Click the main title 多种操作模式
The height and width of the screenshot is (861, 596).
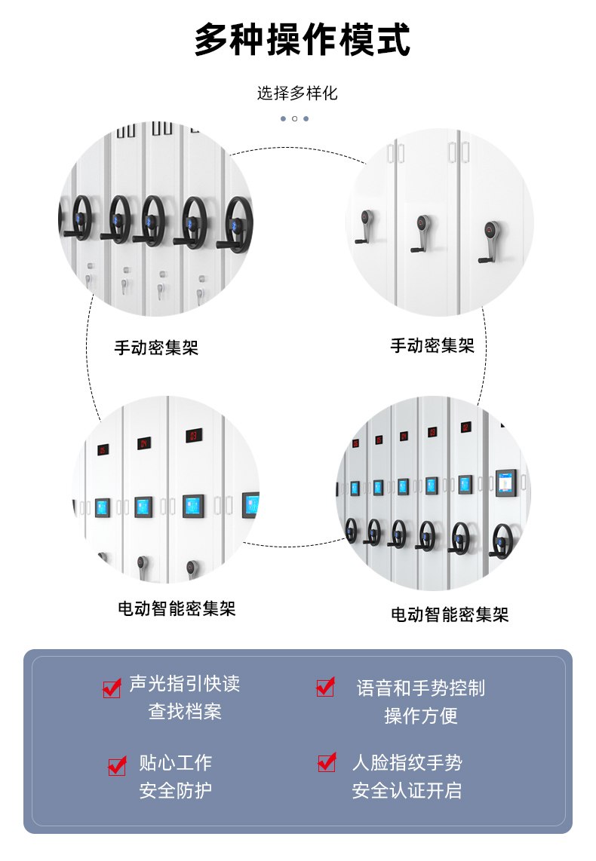pos(302,39)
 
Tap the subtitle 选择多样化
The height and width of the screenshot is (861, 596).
pos(297,93)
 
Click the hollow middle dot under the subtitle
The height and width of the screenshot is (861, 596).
pos(294,118)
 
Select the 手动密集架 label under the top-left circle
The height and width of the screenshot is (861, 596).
pos(156,348)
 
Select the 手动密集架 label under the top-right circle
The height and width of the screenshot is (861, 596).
pos(432,345)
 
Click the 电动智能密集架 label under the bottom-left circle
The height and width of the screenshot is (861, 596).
pos(177,608)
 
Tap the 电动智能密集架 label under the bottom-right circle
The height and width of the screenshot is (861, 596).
pos(450,614)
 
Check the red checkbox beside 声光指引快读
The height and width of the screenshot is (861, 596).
pos(112,688)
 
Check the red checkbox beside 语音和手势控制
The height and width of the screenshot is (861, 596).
pos(325,686)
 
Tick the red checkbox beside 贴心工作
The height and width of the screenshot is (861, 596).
pos(117,765)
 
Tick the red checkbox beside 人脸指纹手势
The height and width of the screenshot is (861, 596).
pos(327,761)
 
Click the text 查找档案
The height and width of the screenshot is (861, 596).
pos(185,712)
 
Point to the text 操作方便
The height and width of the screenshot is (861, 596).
pos(421,715)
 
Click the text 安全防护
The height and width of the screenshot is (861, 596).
pos(175,790)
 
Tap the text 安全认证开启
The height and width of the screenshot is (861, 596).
pos(407,790)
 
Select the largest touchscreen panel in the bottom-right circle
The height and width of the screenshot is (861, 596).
pos(506,483)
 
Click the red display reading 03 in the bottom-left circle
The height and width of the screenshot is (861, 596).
pos(193,435)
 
